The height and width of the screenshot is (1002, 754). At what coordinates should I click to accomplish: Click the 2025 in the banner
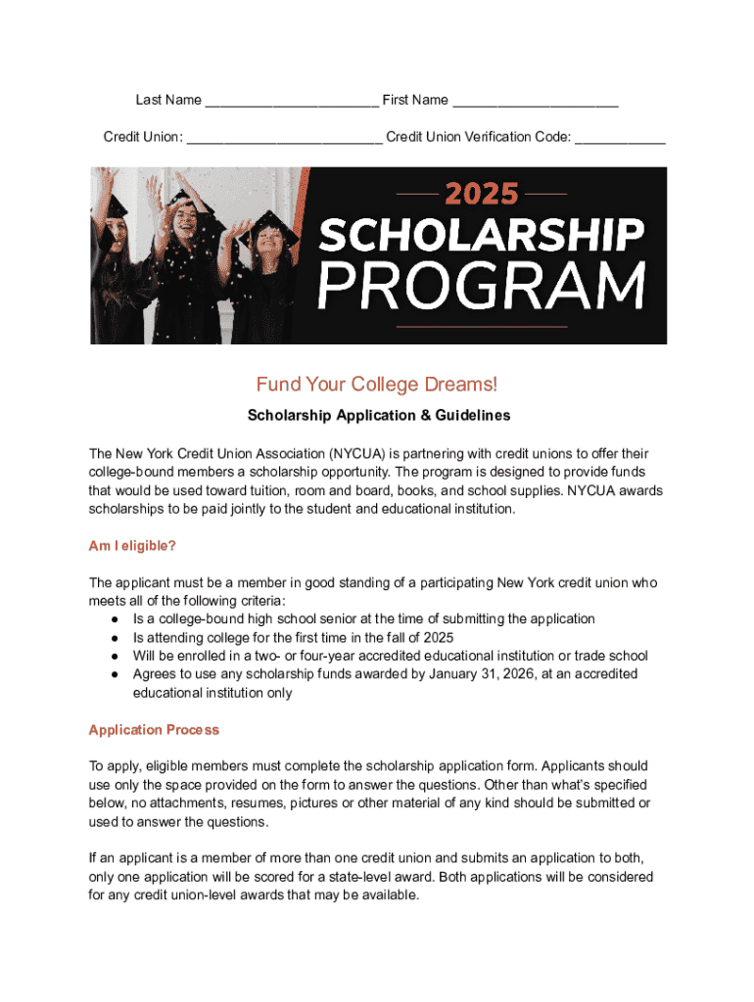(482, 193)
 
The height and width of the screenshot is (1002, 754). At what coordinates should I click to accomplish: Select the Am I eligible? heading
(132, 545)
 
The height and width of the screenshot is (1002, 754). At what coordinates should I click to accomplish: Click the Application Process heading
(154, 730)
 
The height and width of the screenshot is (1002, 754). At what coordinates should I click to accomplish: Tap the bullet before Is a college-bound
(115, 619)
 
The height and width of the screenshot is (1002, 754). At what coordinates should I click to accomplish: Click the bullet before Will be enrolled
(115, 656)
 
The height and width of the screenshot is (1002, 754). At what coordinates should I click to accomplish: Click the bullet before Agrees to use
(115, 674)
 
